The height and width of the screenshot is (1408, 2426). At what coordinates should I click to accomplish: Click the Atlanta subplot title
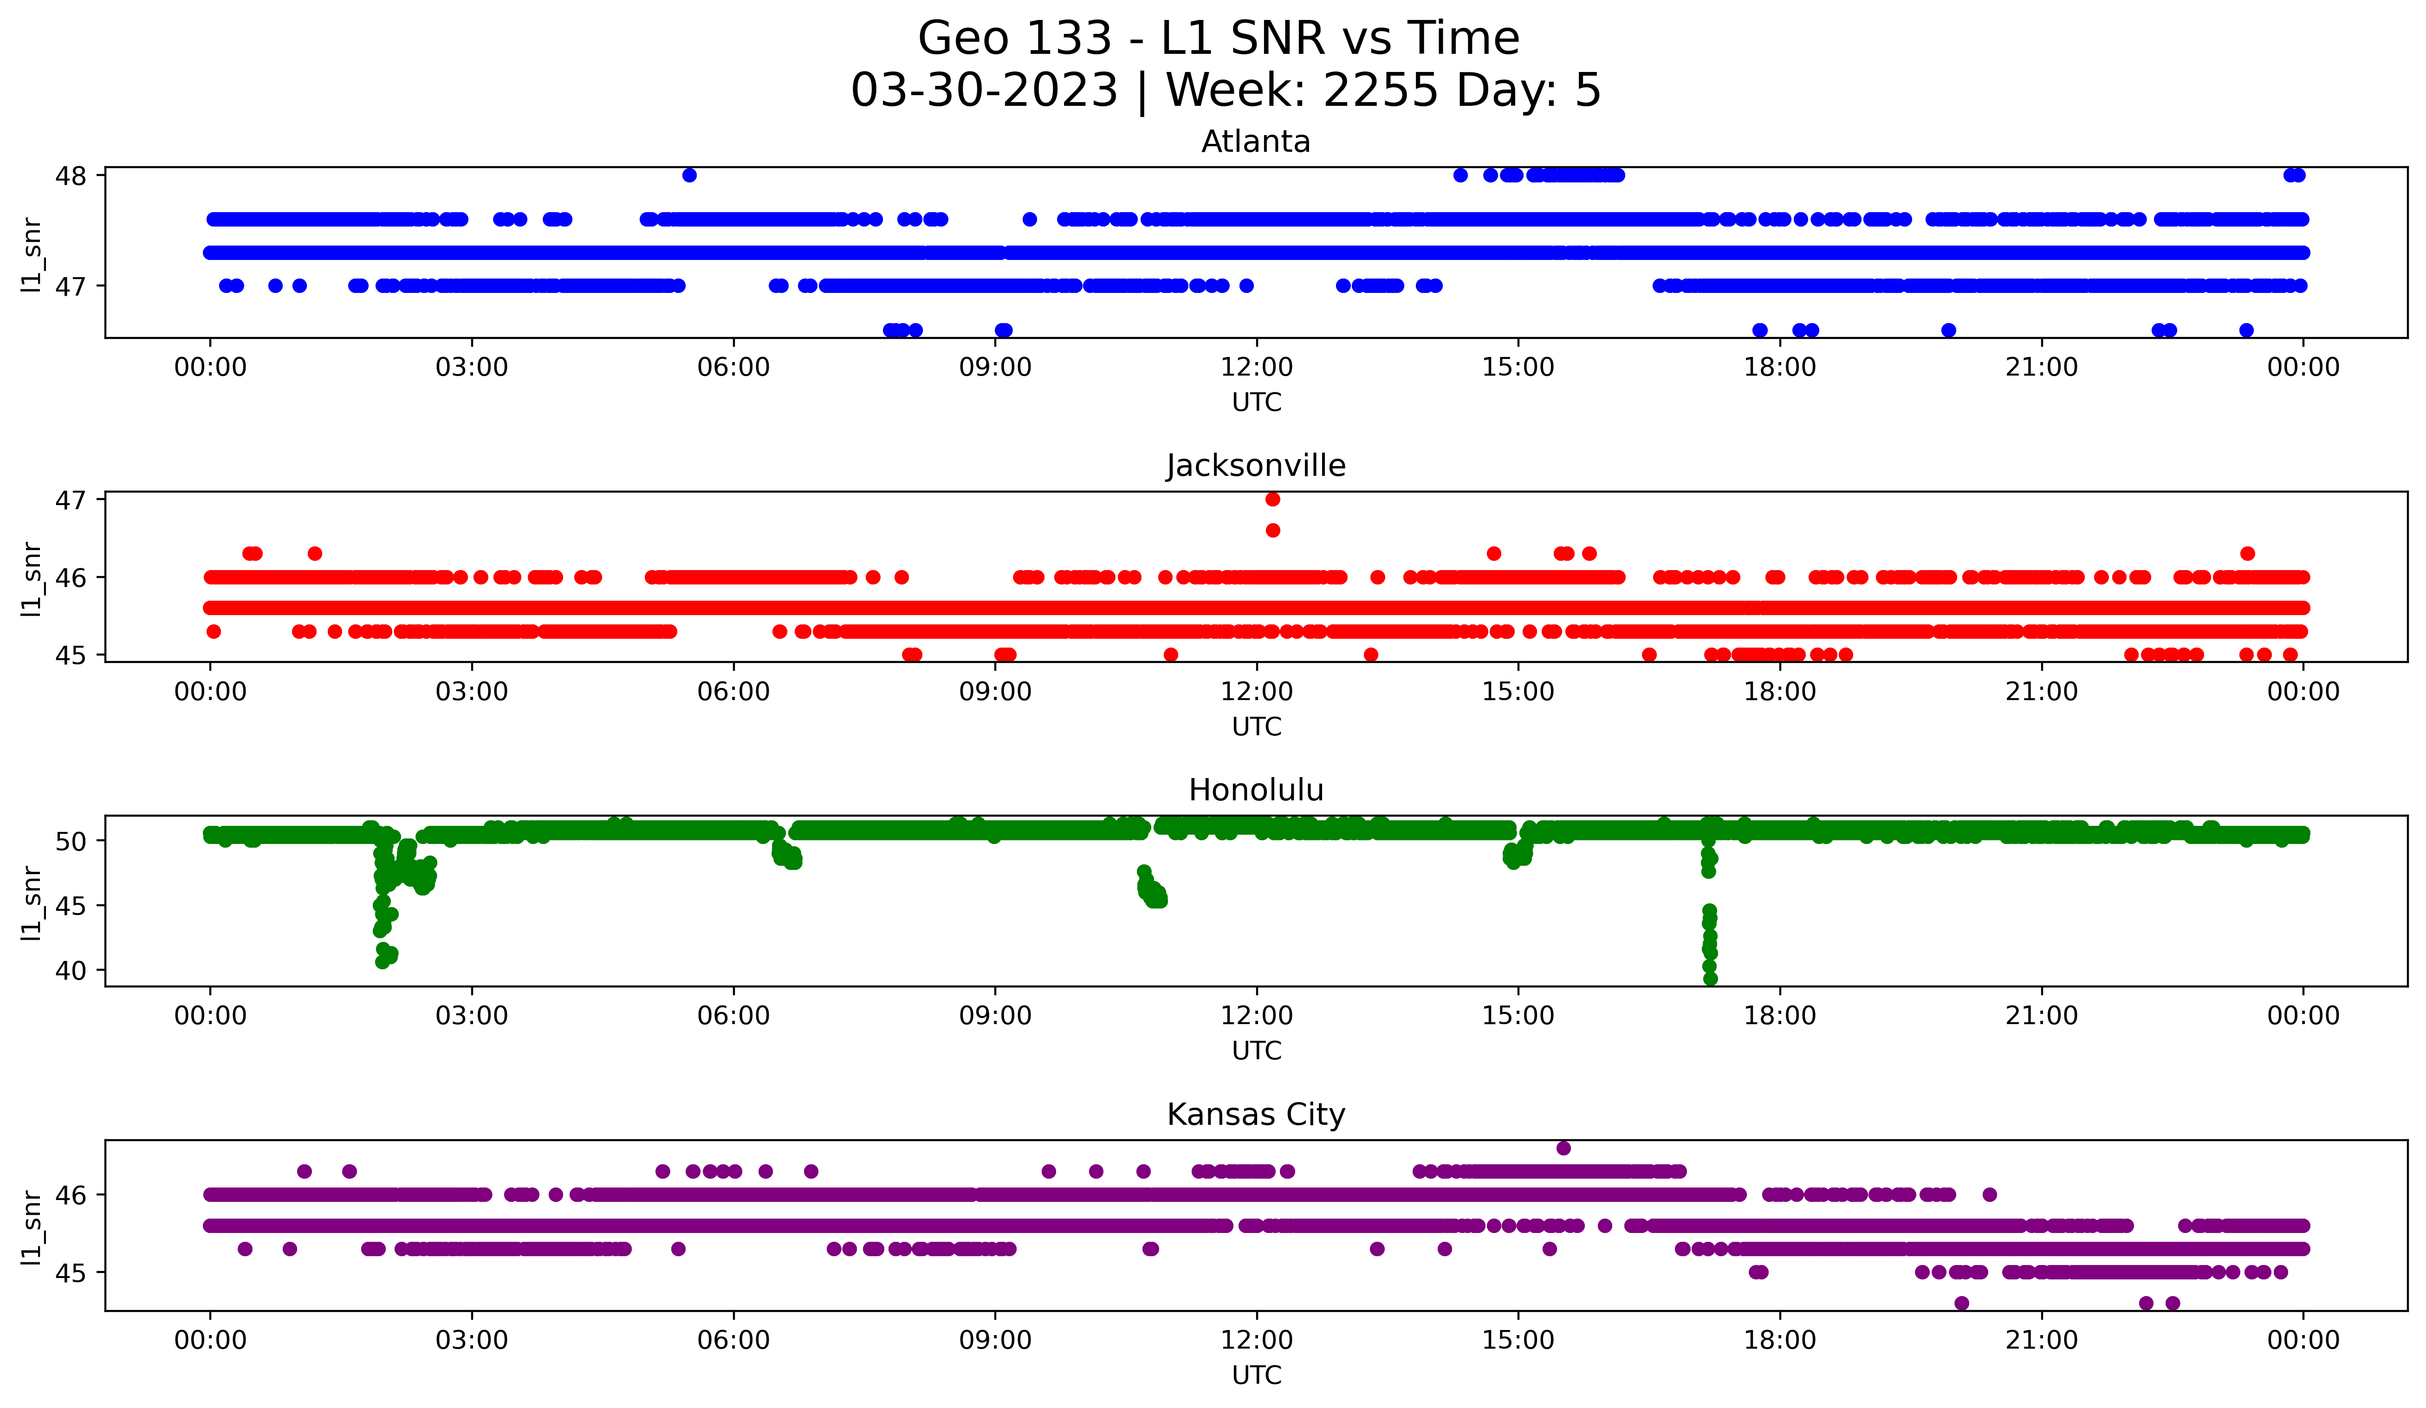[x=1255, y=142]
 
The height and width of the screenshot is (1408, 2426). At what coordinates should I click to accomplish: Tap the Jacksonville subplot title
[x=1255, y=466]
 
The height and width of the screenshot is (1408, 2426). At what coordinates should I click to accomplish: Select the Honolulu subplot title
[x=1255, y=790]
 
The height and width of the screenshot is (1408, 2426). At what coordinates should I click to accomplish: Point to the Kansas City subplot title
[x=1255, y=1115]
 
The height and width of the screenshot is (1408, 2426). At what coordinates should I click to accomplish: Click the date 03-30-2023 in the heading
[x=984, y=91]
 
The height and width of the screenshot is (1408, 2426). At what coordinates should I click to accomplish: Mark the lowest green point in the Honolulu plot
[x=1710, y=979]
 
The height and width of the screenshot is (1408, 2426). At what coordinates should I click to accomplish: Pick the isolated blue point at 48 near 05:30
[x=689, y=175]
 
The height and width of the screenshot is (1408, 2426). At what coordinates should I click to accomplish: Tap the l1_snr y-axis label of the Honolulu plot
[x=32, y=902]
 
